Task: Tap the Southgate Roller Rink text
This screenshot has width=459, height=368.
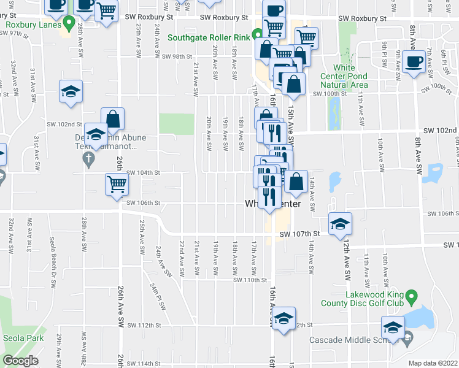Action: coord(208,37)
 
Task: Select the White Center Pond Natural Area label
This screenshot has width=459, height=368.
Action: coord(342,76)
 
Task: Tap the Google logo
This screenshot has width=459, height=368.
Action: coord(20,361)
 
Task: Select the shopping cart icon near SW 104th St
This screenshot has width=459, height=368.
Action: coord(116,183)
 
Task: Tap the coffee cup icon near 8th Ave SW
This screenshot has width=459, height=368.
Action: coord(414,62)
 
